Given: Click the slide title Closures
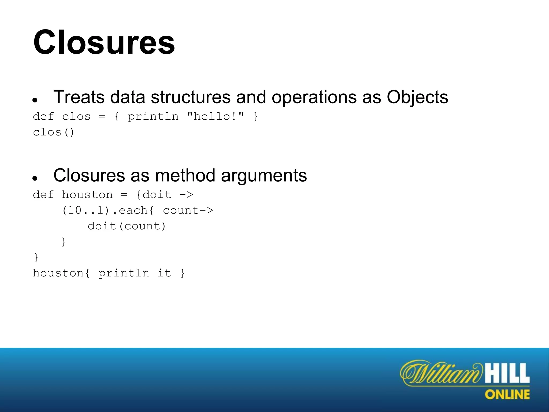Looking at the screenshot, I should click(104, 42).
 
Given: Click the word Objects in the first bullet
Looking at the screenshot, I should click(417, 97).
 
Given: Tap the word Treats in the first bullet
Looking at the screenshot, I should click(79, 97).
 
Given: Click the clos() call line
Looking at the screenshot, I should click(53, 132).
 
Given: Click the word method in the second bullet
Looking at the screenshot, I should click(185, 175).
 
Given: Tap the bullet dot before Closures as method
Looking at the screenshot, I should click(35, 178).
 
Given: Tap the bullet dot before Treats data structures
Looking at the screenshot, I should click(35, 100).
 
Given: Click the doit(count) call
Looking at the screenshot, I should click(127, 226).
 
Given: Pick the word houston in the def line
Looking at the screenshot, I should click(87, 195).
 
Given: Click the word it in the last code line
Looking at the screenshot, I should click(164, 273).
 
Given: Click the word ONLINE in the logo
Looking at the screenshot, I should click(507, 395).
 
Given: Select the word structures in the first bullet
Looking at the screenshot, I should click(191, 97).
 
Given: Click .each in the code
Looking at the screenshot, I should click(130, 211).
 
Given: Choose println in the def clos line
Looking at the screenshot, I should click(153, 117).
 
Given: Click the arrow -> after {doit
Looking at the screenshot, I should click(186, 195).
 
